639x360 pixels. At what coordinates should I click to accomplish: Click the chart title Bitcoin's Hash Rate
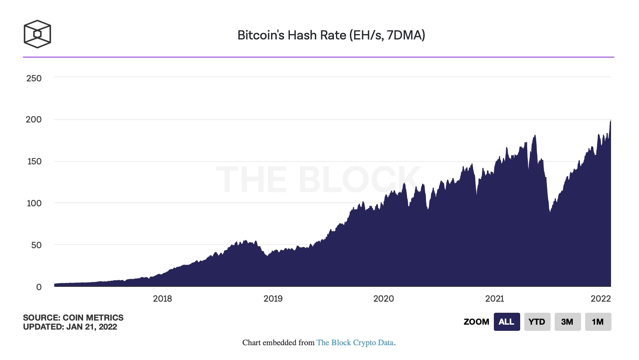(x=331, y=35)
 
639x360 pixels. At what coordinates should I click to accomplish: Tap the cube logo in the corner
(x=37, y=34)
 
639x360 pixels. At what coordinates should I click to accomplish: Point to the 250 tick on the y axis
(x=34, y=78)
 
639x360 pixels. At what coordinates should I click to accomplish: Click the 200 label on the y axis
(x=34, y=120)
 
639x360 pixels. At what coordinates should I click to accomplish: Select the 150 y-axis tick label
(x=34, y=161)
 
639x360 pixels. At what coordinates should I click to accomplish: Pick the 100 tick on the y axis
(x=34, y=203)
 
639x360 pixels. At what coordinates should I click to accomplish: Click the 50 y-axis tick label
(x=36, y=245)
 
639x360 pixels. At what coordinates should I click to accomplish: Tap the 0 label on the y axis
(x=39, y=287)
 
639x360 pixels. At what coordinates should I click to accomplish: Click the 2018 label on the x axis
(x=162, y=299)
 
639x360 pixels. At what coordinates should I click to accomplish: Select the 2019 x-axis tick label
(x=273, y=299)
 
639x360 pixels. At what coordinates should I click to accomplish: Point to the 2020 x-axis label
(x=383, y=299)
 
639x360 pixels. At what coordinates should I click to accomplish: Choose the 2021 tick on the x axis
(x=494, y=299)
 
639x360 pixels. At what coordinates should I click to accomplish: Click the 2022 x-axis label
(x=600, y=299)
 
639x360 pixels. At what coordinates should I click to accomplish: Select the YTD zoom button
(x=537, y=322)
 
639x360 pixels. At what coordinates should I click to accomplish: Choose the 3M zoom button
(x=567, y=322)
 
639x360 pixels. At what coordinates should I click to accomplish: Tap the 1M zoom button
(x=598, y=322)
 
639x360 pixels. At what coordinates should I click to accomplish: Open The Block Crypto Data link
(x=355, y=343)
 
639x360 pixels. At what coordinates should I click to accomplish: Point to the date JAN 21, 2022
(x=92, y=327)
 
